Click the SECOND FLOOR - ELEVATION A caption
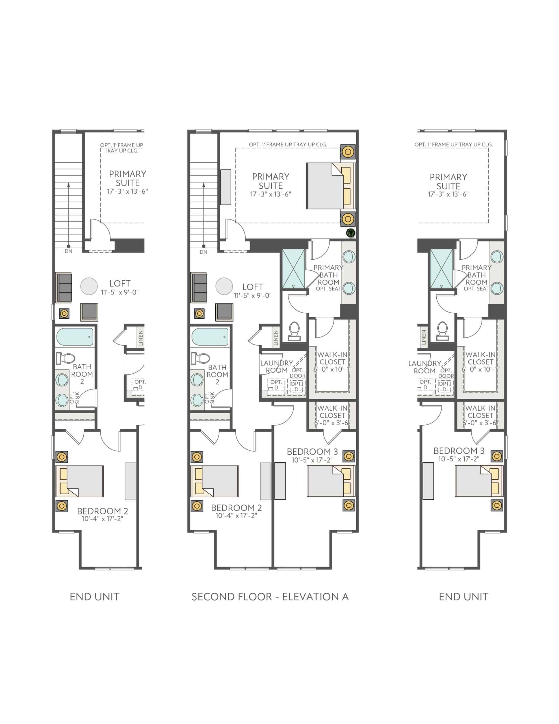(x=270, y=597)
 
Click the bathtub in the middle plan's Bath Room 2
(x=210, y=337)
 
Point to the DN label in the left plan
(x=69, y=251)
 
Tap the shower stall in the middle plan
(x=293, y=270)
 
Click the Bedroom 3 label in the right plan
(x=459, y=451)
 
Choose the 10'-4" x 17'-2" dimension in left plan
(x=102, y=519)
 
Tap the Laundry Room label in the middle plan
(x=276, y=367)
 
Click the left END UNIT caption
(x=94, y=597)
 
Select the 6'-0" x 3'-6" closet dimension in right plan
(x=480, y=423)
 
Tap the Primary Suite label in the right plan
(x=448, y=181)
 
